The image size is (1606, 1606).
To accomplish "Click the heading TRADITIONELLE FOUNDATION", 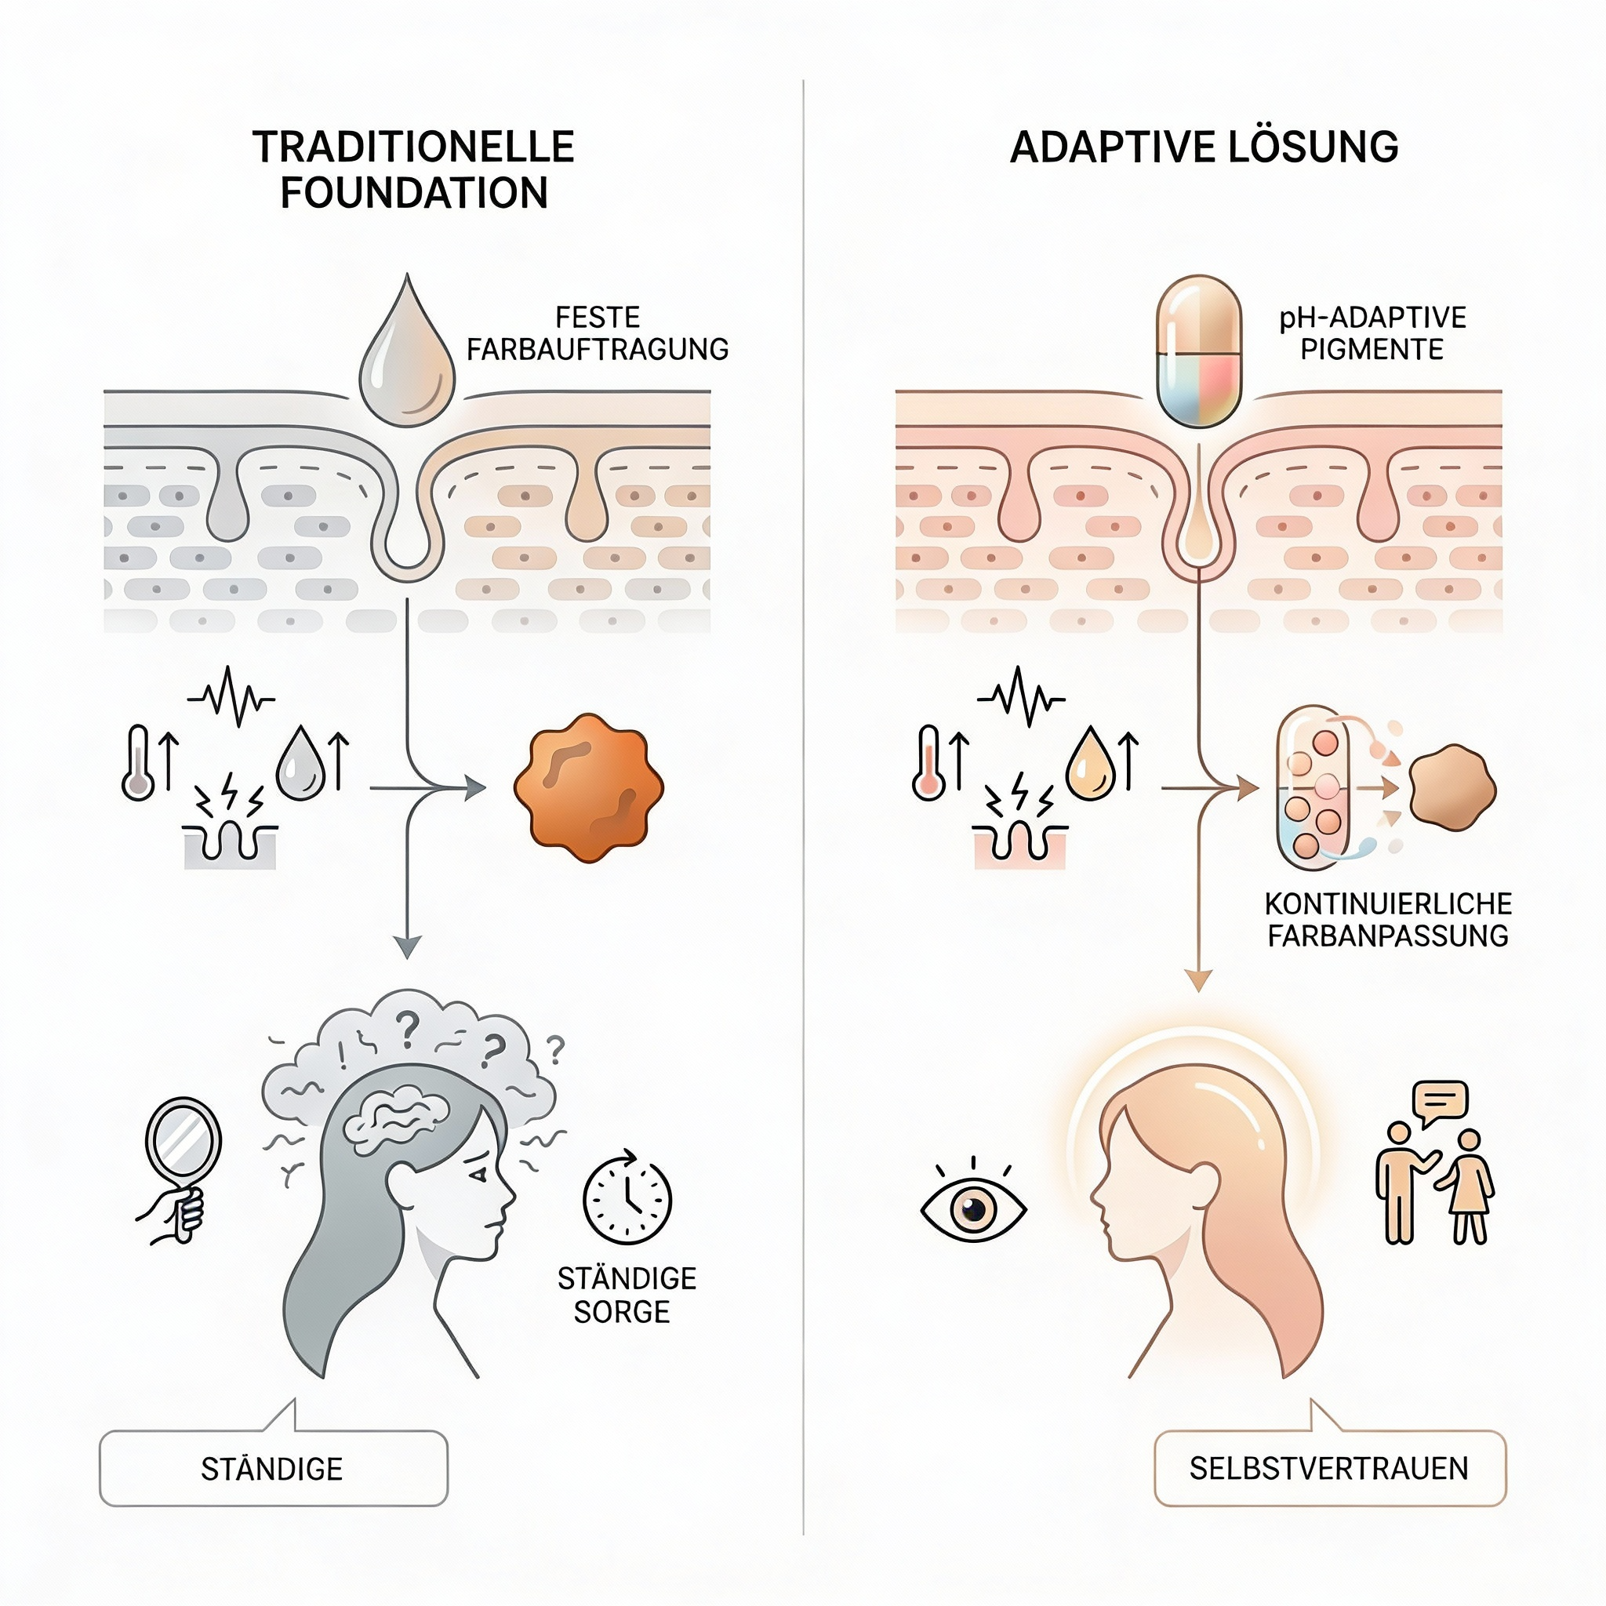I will tap(413, 169).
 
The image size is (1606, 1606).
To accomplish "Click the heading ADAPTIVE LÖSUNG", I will tap(1204, 147).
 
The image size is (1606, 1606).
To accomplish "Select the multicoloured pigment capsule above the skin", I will tap(1199, 351).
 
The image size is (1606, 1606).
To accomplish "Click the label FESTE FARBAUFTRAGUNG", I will tap(597, 333).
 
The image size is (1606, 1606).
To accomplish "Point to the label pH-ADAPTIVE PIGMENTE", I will tap(1372, 333).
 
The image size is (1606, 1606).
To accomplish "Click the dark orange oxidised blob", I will tap(589, 787).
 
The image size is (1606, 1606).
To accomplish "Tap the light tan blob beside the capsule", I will tap(1452, 788).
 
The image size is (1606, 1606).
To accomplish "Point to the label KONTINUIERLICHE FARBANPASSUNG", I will tap(1387, 919).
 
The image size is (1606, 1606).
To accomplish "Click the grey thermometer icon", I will tap(138, 763).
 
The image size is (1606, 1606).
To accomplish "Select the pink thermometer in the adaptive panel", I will tap(928, 763).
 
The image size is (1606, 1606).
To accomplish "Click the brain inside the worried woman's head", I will tap(398, 1120).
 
